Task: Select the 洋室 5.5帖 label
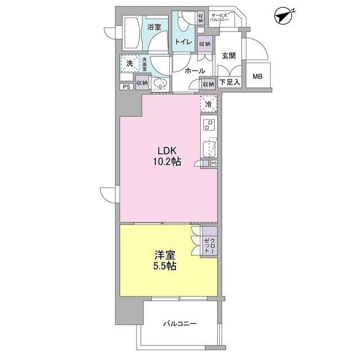point(164,260)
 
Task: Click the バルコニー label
point(180,324)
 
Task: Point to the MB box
point(257,76)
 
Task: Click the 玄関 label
point(228,55)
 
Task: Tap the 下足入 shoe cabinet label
point(229,83)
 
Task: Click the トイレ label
point(183,42)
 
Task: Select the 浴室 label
point(155,26)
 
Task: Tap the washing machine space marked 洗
point(129,64)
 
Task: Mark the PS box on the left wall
point(125,87)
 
